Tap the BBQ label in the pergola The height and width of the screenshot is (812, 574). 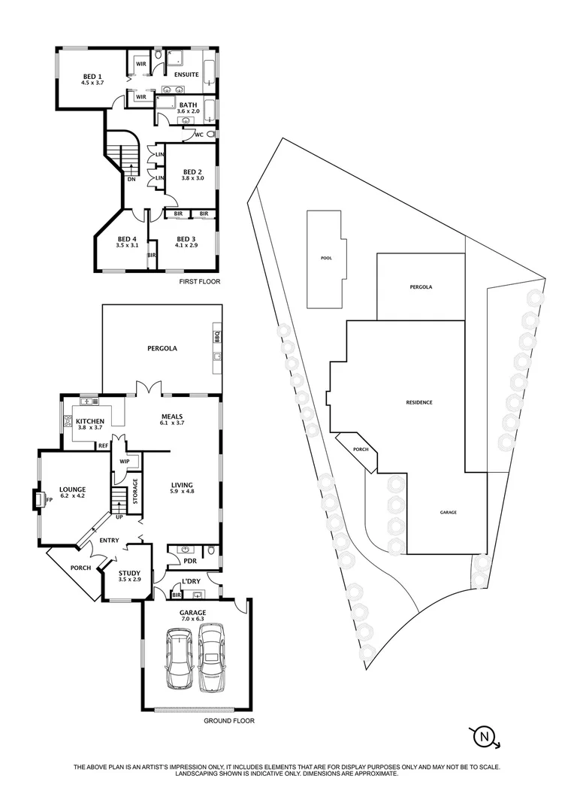point(216,336)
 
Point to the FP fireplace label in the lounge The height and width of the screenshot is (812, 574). point(48,499)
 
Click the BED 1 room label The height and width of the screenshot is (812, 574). point(93,76)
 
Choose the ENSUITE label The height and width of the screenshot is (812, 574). point(186,74)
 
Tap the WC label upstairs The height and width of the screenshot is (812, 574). point(199,135)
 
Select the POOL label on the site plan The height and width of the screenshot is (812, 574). point(326,258)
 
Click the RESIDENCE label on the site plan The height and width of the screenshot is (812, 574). point(419,402)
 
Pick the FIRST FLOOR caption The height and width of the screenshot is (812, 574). point(198,281)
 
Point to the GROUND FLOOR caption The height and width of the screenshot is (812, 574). point(229,720)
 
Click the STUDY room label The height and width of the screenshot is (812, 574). point(129,574)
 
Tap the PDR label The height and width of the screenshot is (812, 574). point(180,561)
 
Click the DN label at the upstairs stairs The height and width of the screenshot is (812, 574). point(131,179)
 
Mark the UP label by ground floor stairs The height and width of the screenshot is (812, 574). point(119,516)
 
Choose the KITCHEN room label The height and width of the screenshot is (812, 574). point(89,420)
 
